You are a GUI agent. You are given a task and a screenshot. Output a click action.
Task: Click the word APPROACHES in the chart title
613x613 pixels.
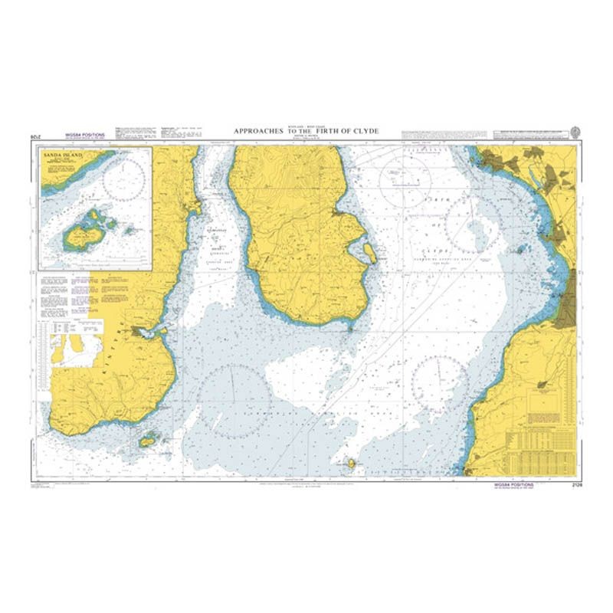[259, 132]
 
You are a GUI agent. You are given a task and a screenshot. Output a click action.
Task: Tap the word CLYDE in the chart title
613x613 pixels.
[365, 132]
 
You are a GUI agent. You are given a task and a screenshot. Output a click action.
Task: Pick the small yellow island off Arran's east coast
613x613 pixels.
[369, 252]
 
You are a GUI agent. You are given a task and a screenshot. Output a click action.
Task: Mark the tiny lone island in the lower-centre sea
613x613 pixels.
[352, 462]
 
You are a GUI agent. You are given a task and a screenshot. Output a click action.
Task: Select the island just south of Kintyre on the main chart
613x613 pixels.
[148, 440]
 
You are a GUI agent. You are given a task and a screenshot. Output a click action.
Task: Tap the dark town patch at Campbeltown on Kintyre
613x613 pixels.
[140, 332]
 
